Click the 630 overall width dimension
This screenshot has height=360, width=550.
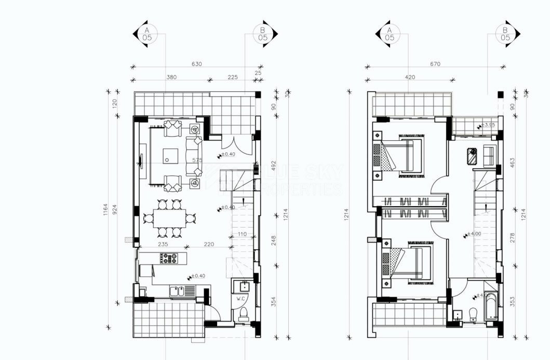(196, 64)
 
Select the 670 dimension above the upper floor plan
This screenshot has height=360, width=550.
(435, 64)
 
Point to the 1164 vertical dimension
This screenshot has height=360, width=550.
(106, 210)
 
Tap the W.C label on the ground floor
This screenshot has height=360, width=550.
(240, 298)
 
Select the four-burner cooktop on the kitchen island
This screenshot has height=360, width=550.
(169, 257)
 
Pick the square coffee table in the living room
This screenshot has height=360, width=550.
(170, 155)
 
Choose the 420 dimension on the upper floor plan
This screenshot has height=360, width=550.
(410, 77)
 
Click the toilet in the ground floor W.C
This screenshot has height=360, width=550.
(242, 314)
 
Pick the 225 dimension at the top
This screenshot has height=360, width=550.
(232, 77)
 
